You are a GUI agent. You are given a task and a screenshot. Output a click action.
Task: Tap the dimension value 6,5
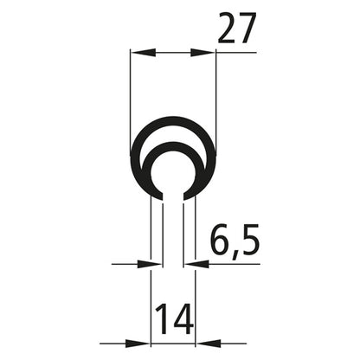tap(234, 241)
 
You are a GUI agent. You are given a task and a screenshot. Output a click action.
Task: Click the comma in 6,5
tap(233, 254)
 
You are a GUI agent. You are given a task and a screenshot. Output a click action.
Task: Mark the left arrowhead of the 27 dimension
tap(138, 53)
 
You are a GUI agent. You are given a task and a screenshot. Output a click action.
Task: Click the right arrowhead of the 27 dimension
tap(208, 53)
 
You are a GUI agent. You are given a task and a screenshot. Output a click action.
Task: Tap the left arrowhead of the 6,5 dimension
tap(154, 263)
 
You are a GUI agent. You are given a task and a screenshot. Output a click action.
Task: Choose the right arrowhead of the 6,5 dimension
tap(190, 263)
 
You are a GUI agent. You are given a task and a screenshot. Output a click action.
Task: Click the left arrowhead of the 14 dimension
tap(144, 343)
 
